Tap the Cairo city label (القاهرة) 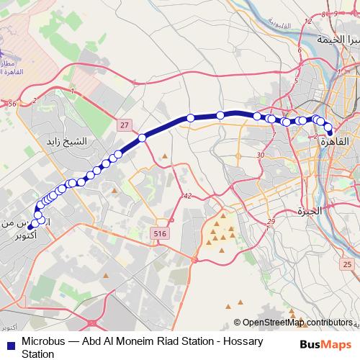coord(336,143)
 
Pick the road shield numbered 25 coord(348,265)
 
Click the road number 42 coord(188,196)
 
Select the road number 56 coord(12,104)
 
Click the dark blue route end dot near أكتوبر coord(31,230)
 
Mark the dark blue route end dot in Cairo coord(330,132)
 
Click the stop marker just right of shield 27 coord(143,137)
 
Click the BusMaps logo coord(325,344)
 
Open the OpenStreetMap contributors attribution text coord(297,322)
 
